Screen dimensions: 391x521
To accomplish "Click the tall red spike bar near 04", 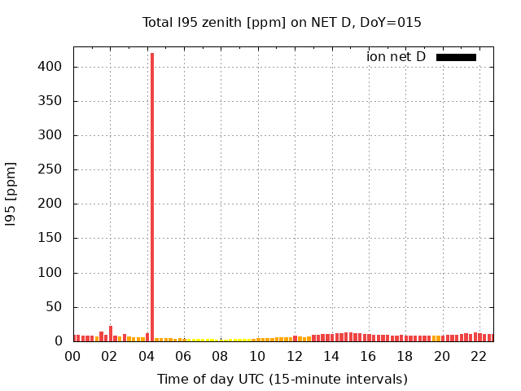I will pos(152,195).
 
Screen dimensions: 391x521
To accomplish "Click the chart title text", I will pos(282,23).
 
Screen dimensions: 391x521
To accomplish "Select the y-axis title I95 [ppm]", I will pos(11,194).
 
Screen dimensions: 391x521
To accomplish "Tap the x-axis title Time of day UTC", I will pos(282,379).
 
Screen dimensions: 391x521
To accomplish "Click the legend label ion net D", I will pos(396,57).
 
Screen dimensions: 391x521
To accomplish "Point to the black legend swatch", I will pos(456,57).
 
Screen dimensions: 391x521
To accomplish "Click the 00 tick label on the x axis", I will pos(73,356).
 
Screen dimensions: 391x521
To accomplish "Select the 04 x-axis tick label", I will pos(147,356).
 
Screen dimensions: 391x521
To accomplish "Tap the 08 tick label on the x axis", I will pos(221,356).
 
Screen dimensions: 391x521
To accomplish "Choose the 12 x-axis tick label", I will pos(295,356).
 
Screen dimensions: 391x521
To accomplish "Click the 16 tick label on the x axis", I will pos(368,356).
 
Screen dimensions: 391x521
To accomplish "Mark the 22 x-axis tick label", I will pos(479,356).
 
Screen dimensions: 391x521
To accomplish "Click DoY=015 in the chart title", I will pos(393,23).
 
